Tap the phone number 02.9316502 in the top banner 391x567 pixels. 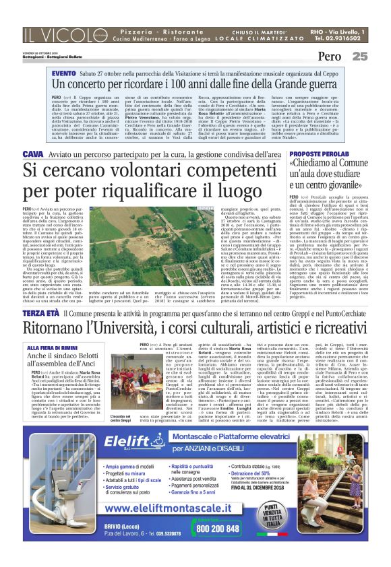click(337, 39)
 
